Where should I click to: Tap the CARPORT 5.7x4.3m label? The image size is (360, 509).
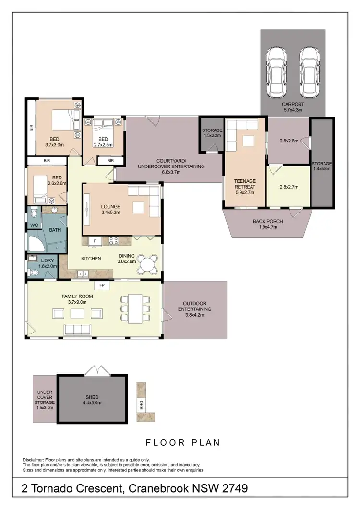click(x=293, y=107)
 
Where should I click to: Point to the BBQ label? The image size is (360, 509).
click(x=142, y=402)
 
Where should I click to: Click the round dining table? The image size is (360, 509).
click(x=150, y=264)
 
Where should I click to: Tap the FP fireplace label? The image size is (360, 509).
click(x=102, y=285)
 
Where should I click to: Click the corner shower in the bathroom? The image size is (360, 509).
click(x=36, y=244)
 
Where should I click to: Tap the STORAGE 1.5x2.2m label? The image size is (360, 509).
click(x=211, y=132)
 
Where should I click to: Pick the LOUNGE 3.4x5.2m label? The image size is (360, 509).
click(x=110, y=210)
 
